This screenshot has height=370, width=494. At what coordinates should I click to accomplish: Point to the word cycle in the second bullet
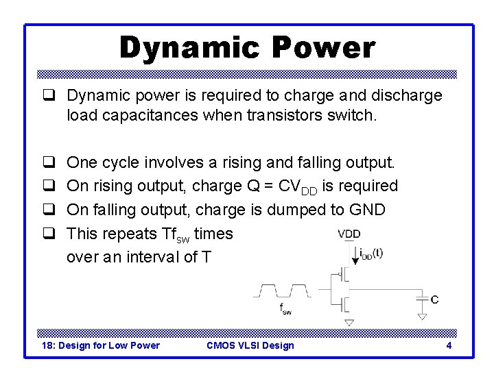[x=120, y=163]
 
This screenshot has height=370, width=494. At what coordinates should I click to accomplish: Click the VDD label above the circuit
[x=349, y=234]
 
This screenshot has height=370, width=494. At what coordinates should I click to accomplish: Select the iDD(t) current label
[x=371, y=253]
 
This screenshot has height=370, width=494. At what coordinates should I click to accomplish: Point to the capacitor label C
[x=434, y=299]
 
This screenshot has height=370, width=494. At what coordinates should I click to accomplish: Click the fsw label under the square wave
[x=285, y=309]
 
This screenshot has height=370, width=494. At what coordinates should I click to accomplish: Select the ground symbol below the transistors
[x=349, y=321]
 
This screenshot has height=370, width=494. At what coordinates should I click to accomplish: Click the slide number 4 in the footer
[x=449, y=345]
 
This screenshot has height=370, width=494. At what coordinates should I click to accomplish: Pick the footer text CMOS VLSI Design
[x=250, y=345]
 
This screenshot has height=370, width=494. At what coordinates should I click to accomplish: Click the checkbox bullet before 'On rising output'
[x=49, y=186]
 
